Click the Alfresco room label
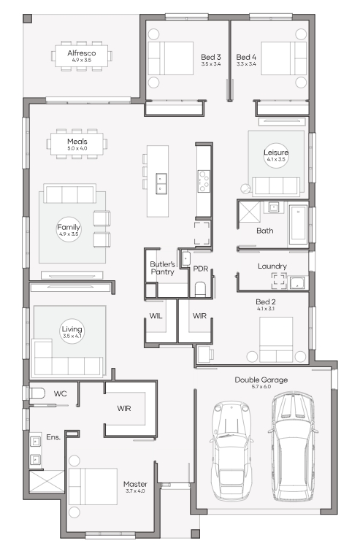82,53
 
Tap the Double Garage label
261,380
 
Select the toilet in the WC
37,393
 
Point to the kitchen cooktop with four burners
204,181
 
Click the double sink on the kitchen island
161,183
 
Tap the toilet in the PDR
200,288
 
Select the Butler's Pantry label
162,268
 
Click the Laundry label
272,266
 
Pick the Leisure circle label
276,155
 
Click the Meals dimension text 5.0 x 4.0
77,148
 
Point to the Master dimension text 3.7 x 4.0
135,491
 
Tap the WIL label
156,316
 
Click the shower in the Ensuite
47,481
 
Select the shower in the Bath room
249,212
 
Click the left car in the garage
230,451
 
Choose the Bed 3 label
211,57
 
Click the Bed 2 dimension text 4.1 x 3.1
266,309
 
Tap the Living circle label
72,331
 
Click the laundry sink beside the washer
297,283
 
